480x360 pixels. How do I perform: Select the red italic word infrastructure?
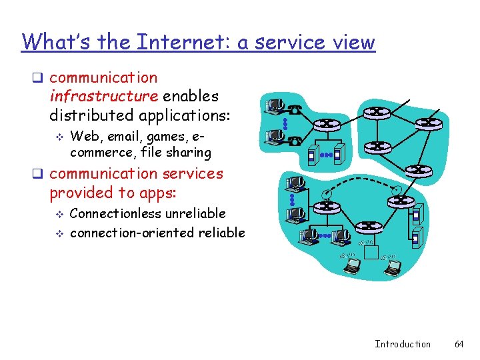tap(104, 96)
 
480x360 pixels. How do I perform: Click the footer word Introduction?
tap(403, 344)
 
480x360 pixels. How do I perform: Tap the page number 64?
tap(459, 344)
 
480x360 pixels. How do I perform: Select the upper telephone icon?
tap(295, 108)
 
